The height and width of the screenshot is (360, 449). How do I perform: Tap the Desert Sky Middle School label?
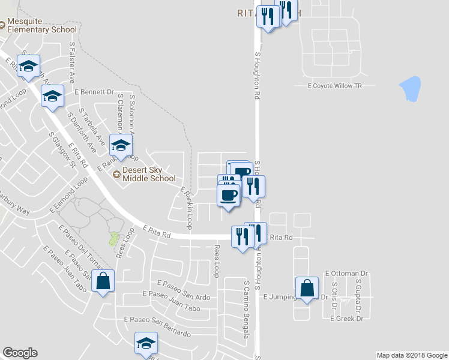tap(149, 174)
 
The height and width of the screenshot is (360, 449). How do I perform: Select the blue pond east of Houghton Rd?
tap(409, 89)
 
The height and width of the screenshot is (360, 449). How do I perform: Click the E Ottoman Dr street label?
tap(346, 274)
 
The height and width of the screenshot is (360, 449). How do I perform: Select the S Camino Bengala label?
tap(246, 308)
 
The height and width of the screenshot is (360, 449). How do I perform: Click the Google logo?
tap(20, 353)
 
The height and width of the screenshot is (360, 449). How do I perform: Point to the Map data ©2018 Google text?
tap(411, 355)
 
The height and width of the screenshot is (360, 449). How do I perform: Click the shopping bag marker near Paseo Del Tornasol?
tap(103, 281)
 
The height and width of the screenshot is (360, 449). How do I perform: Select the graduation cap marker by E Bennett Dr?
tap(53, 95)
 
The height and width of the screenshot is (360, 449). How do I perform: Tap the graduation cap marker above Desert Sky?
tap(121, 146)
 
